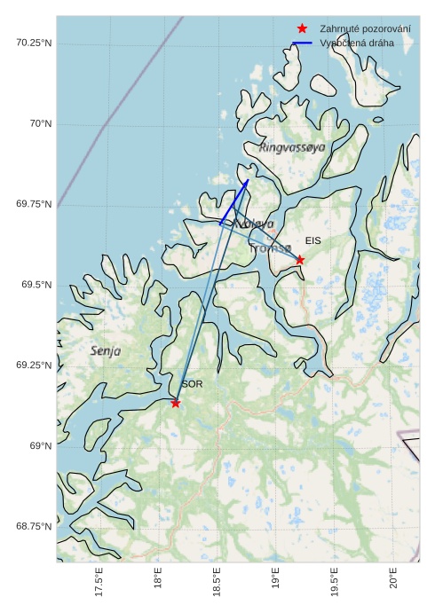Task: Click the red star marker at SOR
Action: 176,403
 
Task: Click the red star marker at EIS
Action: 300,260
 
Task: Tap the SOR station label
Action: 192,384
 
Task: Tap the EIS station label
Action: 312,240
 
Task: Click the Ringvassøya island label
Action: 292,147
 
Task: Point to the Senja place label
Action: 106,351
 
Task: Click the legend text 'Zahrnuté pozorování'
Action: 365,29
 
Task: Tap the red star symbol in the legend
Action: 303,29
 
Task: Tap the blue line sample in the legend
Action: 303,43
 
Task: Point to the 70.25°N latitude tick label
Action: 34,43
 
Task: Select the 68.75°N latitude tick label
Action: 34,526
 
